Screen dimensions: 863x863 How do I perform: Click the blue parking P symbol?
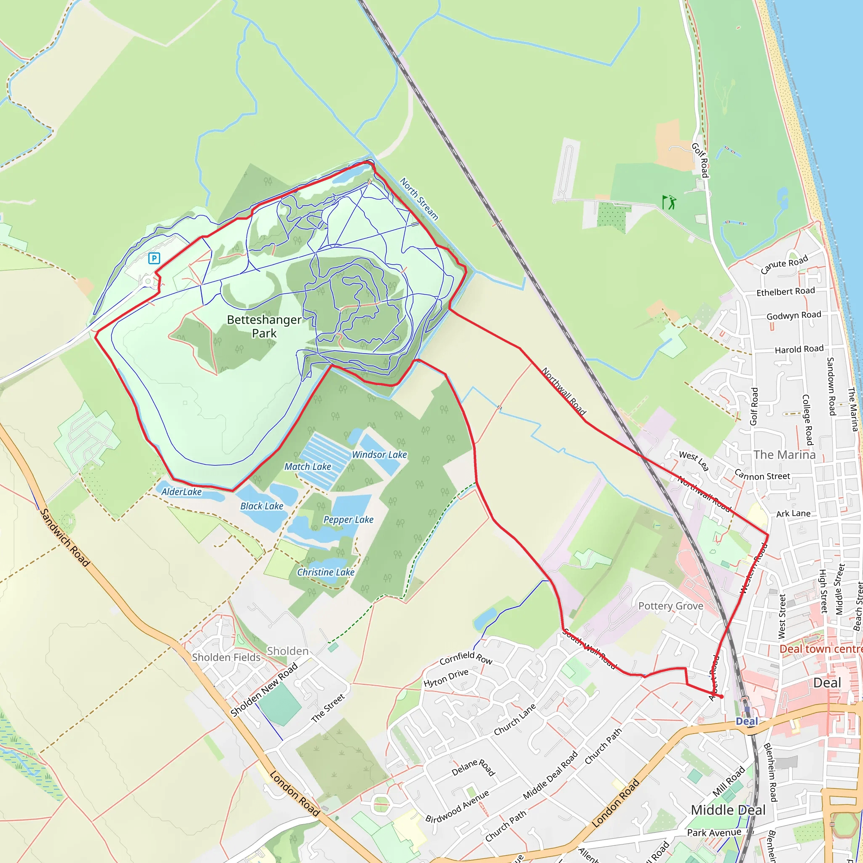(154, 258)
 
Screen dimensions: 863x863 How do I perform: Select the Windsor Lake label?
(379, 455)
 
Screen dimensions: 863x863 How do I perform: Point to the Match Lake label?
(308, 467)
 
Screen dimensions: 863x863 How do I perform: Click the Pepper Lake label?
(348, 520)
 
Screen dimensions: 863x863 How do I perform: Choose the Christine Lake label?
(326, 573)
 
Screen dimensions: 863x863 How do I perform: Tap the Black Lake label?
(262, 507)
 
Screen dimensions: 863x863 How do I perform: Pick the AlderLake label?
(181, 492)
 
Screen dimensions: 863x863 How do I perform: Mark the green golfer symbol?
(669, 202)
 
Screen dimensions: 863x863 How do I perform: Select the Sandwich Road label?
(65, 538)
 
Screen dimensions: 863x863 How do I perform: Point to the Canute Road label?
(784, 264)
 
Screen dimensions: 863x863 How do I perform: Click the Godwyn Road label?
(794, 315)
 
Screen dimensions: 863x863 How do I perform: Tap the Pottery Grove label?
(670, 606)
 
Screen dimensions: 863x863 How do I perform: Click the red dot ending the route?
(721, 697)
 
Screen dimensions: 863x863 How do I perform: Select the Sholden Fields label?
(226, 657)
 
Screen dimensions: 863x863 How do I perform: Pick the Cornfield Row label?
(466, 657)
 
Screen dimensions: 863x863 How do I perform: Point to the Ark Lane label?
(793, 514)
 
